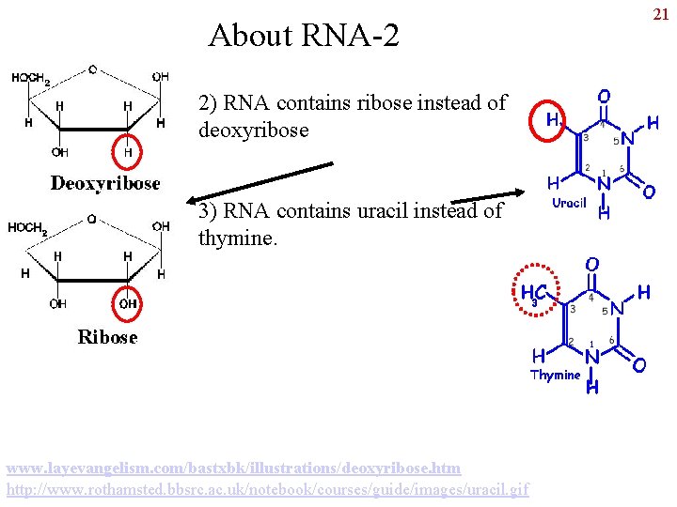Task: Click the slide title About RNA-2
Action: (304, 36)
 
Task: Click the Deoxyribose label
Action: (105, 183)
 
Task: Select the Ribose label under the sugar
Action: (107, 336)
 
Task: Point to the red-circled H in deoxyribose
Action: (128, 150)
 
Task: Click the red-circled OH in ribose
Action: (128, 303)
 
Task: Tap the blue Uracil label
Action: (569, 202)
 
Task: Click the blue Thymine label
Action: (556, 375)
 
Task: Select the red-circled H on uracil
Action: (553, 119)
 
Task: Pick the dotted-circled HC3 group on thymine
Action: (531, 293)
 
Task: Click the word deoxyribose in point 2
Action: (253, 131)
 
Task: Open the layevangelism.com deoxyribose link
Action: (233, 468)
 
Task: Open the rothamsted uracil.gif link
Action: (268, 489)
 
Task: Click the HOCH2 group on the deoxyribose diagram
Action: (31, 79)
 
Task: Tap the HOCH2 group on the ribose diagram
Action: (27, 227)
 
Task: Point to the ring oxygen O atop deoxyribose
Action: (92, 69)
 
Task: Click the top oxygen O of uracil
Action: (603, 96)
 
